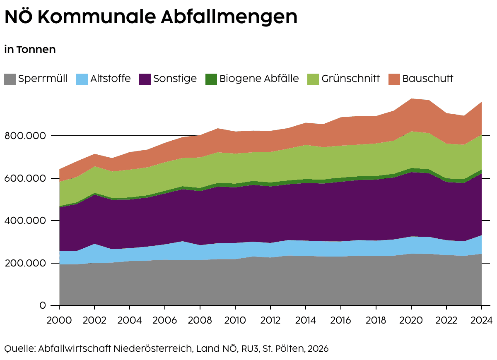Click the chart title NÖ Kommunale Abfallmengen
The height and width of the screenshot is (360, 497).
(151, 17)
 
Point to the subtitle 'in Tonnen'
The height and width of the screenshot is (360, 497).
(30, 49)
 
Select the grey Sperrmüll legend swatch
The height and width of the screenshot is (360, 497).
(10, 79)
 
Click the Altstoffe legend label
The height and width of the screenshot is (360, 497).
(111, 79)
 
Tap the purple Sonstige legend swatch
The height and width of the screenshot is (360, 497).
(145, 79)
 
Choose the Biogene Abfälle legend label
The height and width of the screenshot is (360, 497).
(259, 79)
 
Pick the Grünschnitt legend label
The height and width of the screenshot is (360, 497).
(350, 79)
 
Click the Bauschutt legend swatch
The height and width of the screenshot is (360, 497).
(394, 79)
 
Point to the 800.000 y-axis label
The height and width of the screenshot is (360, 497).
(25, 136)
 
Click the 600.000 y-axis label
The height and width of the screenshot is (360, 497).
(25, 178)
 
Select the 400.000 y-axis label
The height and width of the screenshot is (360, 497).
(25, 221)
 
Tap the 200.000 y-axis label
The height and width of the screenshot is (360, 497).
(25, 263)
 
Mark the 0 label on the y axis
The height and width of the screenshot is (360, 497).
(43, 305)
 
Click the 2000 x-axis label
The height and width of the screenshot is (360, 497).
(59, 320)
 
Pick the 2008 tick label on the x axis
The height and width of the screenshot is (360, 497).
(200, 320)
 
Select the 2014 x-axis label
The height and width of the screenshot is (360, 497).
(306, 320)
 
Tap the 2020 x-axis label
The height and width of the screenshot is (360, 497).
(411, 320)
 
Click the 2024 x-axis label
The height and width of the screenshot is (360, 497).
(481, 320)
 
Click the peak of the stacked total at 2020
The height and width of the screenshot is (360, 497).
(411, 98)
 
